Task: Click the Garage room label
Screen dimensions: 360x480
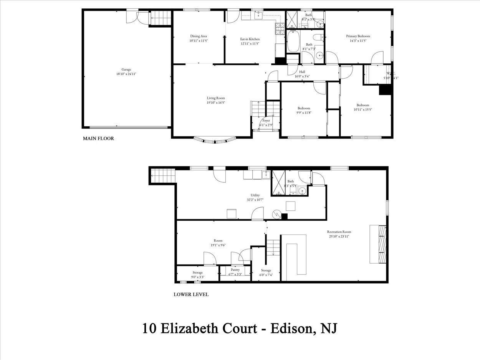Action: [126, 69]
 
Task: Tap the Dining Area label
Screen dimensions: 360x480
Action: [199, 36]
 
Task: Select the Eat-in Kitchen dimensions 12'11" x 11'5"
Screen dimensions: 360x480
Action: [250, 44]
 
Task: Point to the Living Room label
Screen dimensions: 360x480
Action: [216, 98]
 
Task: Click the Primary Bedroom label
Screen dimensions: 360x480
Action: [358, 36]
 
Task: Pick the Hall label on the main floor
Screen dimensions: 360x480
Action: [302, 72]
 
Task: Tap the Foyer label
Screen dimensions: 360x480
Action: [266, 121]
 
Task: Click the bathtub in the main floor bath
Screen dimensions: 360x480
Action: [293, 41]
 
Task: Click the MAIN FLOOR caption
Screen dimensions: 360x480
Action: [98, 139]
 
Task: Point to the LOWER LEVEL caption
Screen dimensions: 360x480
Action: [191, 295]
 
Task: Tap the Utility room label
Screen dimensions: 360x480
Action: [255, 195]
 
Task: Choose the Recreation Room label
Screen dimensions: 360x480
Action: [339, 232]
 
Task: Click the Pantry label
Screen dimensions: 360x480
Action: [235, 270]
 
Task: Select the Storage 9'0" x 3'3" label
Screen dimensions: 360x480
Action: [198, 272]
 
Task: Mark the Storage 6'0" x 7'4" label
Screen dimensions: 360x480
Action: [266, 271]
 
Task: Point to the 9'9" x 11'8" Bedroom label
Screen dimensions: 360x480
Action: [303, 108]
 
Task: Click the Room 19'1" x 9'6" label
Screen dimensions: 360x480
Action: [218, 241]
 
